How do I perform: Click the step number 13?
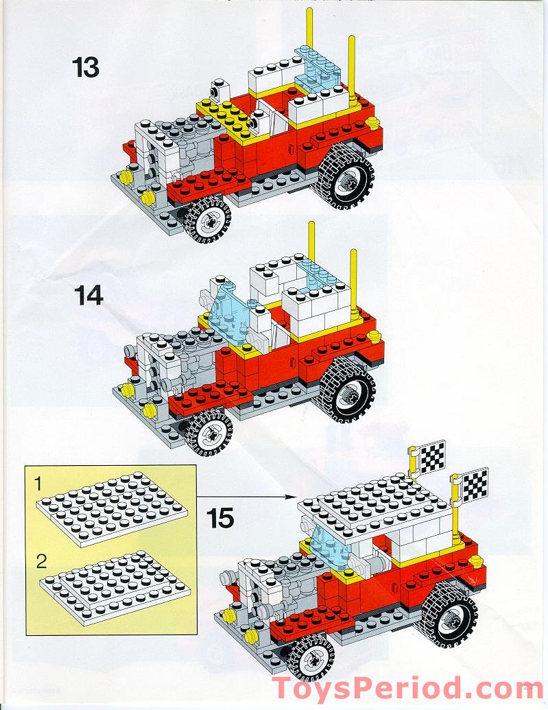85,68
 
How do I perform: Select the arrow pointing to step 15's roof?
247,495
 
